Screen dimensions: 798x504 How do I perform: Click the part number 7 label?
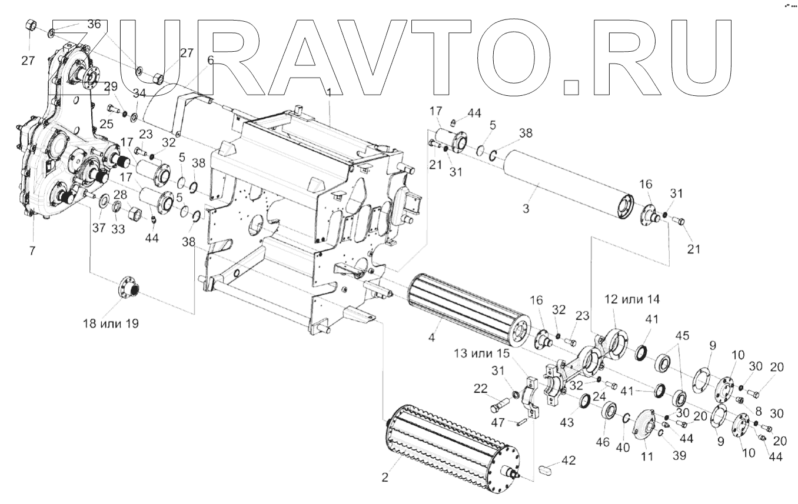point(32,251)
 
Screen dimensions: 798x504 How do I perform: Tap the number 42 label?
point(568,459)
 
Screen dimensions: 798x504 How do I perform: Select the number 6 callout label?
point(210,60)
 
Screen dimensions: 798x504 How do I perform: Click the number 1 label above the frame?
point(330,92)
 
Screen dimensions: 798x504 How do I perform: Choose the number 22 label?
point(481,389)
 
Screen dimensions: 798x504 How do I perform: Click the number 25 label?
point(106,123)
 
